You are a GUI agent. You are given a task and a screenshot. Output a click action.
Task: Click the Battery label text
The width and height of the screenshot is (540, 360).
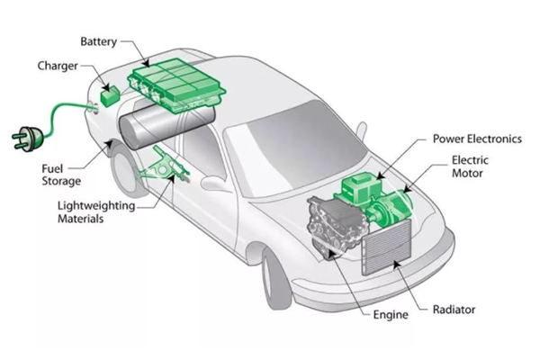[99, 42]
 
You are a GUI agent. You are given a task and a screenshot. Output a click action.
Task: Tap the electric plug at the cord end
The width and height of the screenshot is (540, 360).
[22, 137]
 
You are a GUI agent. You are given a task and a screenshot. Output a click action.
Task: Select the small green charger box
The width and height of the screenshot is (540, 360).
[112, 94]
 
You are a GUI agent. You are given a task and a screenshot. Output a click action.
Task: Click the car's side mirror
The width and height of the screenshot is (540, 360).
[217, 182]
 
